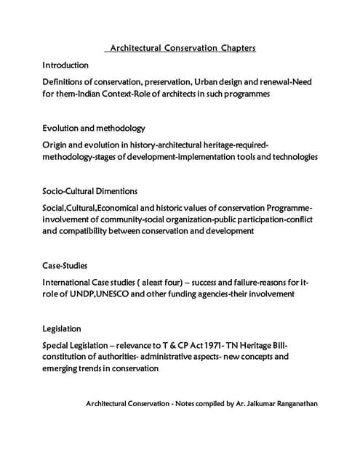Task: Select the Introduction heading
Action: (65, 65)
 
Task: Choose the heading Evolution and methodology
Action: (93, 128)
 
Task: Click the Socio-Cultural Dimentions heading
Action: (89, 191)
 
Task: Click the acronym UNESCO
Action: (115, 294)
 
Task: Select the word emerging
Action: (63, 368)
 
